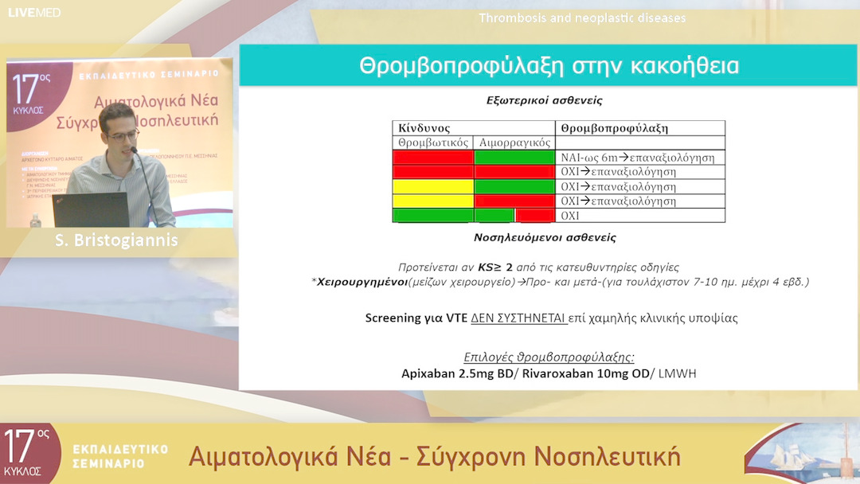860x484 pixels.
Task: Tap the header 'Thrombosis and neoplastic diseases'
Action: [x=582, y=18]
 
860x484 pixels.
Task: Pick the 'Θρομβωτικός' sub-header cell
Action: [x=433, y=142]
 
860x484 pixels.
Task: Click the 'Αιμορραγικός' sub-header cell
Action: [x=514, y=142]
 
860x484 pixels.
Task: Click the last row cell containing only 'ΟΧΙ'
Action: [x=570, y=216]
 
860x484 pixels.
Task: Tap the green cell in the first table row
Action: [x=514, y=158]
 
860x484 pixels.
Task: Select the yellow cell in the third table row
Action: [x=433, y=186]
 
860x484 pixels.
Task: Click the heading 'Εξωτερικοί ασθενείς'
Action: [x=544, y=101]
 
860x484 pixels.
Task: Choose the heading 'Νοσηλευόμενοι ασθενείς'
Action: [x=544, y=237]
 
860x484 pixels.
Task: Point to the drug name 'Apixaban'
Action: [x=429, y=373]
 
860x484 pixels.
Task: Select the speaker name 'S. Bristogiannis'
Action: [x=116, y=240]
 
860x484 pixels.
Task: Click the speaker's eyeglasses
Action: [x=123, y=136]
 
